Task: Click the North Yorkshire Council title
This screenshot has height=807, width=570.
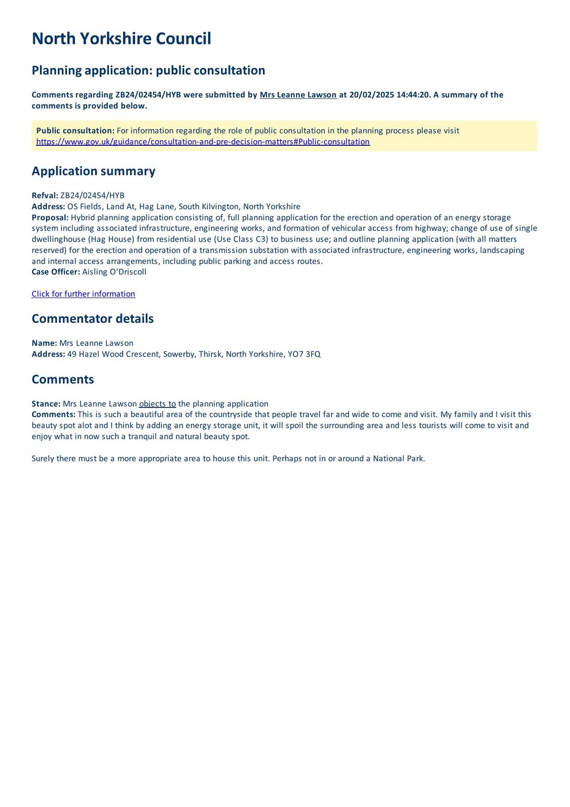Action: (x=121, y=39)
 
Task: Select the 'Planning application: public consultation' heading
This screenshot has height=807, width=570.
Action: (x=148, y=70)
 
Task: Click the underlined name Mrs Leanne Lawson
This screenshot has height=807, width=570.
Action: (x=298, y=95)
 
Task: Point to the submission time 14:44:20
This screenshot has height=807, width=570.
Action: (x=413, y=95)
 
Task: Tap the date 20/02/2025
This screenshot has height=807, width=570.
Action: (x=372, y=95)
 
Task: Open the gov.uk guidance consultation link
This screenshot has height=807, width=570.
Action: (x=203, y=142)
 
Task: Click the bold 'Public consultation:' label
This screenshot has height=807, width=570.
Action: (x=75, y=131)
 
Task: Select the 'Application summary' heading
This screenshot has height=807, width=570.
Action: (x=93, y=171)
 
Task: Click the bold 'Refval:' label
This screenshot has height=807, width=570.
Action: (x=45, y=196)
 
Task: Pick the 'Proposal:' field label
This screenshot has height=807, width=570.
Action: (x=50, y=217)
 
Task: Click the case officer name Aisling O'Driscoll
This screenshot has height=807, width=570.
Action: (x=114, y=272)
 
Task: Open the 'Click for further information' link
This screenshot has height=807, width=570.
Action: (x=83, y=294)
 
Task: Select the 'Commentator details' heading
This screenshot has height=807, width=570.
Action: (x=92, y=319)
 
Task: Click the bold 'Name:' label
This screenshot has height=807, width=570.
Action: (x=44, y=343)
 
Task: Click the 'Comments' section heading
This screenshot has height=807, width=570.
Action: (x=63, y=379)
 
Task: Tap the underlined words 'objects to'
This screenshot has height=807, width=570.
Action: (x=157, y=403)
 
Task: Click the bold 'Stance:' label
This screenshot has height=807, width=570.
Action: (x=46, y=403)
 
